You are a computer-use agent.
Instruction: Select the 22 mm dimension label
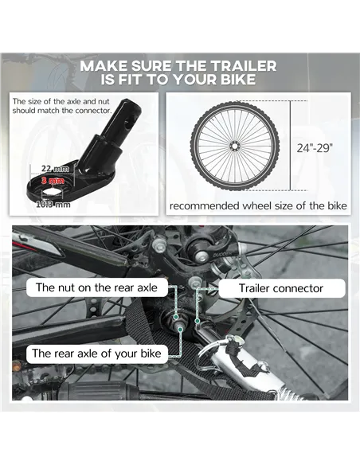tap(55, 169)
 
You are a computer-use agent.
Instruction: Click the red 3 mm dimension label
tap(53, 181)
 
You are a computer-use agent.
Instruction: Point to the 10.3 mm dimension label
tap(53, 205)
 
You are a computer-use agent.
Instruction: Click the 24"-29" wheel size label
tap(315, 147)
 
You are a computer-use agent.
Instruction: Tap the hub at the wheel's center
tap(234, 147)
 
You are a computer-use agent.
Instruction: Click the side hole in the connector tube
tap(127, 123)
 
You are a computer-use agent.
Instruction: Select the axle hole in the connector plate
tap(52, 193)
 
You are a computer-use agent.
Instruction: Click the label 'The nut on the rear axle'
tap(96, 287)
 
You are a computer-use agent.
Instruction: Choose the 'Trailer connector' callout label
tap(281, 288)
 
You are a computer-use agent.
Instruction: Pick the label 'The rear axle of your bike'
tap(96, 354)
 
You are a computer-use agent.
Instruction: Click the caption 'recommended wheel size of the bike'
tap(258, 205)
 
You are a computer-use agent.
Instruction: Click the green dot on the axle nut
tap(176, 317)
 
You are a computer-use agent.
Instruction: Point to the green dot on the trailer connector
tap(197, 321)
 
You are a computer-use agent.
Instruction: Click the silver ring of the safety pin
tap(208, 353)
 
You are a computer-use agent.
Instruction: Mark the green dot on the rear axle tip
tap(180, 329)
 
